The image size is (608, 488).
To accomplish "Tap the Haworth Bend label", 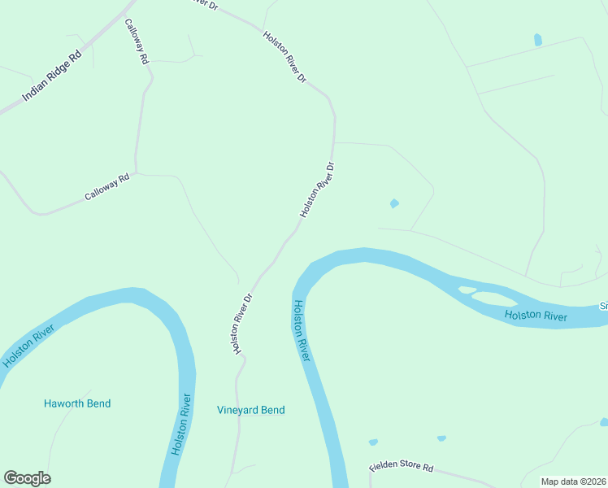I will (77, 403).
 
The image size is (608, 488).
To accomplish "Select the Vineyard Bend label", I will (251, 410).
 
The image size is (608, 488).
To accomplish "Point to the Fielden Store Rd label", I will (402, 469).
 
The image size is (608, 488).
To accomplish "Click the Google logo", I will (27, 478).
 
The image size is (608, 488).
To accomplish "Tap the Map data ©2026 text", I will (573, 481).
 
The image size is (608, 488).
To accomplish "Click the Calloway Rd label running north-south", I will (137, 41).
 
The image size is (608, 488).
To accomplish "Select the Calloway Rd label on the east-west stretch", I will (107, 188).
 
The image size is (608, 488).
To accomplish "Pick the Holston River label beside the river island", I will (535, 316).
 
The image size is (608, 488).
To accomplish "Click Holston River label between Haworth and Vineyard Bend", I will (181, 425).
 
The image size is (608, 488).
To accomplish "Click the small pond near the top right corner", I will (537, 39).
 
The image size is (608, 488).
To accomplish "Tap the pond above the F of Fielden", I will (373, 442).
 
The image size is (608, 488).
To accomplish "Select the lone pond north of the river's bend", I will (395, 203).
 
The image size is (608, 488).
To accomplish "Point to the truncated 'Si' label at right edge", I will (604, 306).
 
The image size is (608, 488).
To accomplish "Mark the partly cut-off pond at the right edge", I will (604, 422).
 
